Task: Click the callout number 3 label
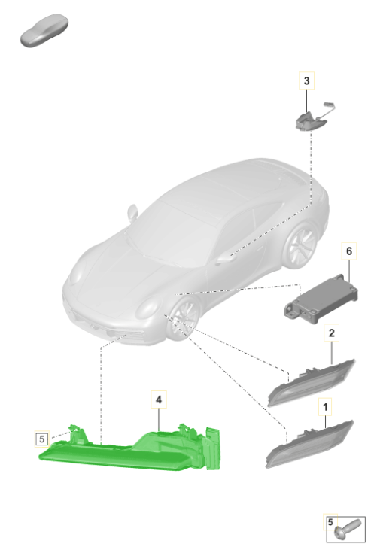pyautogui.click(x=306, y=81)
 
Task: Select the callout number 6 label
pyautogui.click(x=349, y=251)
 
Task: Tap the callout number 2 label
pyautogui.click(x=332, y=333)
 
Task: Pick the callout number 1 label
pyautogui.click(x=325, y=407)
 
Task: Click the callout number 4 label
pyautogui.click(x=159, y=400)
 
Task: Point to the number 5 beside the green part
pyautogui.click(x=41, y=439)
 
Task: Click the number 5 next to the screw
pyautogui.click(x=330, y=522)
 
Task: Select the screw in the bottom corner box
pyautogui.click(x=348, y=530)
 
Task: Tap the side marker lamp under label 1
pyautogui.click(x=309, y=444)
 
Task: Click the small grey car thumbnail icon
pyautogui.click(x=44, y=30)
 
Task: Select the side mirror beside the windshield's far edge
pyautogui.click(x=132, y=212)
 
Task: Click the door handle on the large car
pyautogui.click(x=224, y=258)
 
